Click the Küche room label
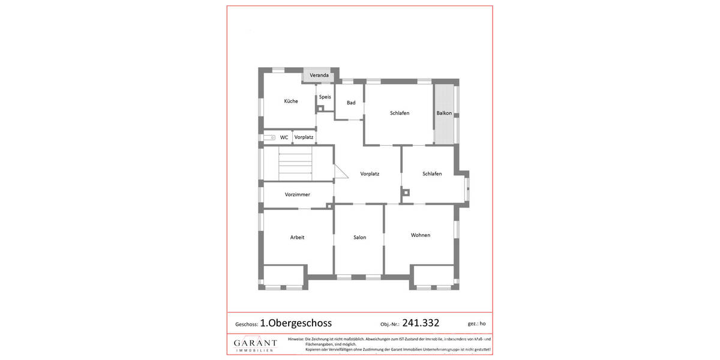click(x=291, y=101)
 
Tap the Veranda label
click(x=319, y=76)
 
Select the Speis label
click(x=325, y=97)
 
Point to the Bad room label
click(x=351, y=103)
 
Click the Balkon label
click(x=444, y=113)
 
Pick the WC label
click(x=284, y=137)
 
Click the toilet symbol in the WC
click(x=269, y=137)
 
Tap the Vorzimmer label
click(x=298, y=194)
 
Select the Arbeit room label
click(x=297, y=238)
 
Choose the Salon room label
click(x=359, y=238)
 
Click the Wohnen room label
click(x=421, y=235)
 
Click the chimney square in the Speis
click(x=320, y=109)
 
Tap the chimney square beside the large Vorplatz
click(x=406, y=193)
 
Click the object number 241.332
click(x=421, y=323)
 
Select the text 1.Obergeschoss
click(x=296, y=323)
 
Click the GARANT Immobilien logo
click(x=255, y=344)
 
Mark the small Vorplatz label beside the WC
click(x=304, y=137)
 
